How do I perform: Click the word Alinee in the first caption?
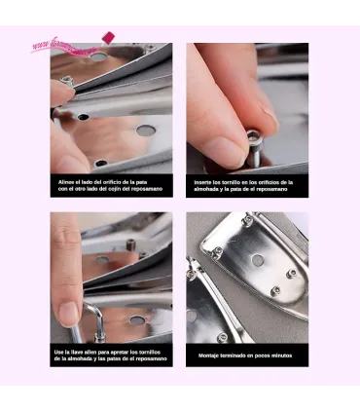pyautogui.click(x=64, y=180)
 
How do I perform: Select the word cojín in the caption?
pyautogui.click(x=121, y=187)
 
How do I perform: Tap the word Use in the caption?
pyautogui.click(x=59, y=351)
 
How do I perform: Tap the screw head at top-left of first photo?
pyautogui.click(x=67, y=82)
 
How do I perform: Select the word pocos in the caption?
pyautogui.click(x=268, y=356)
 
